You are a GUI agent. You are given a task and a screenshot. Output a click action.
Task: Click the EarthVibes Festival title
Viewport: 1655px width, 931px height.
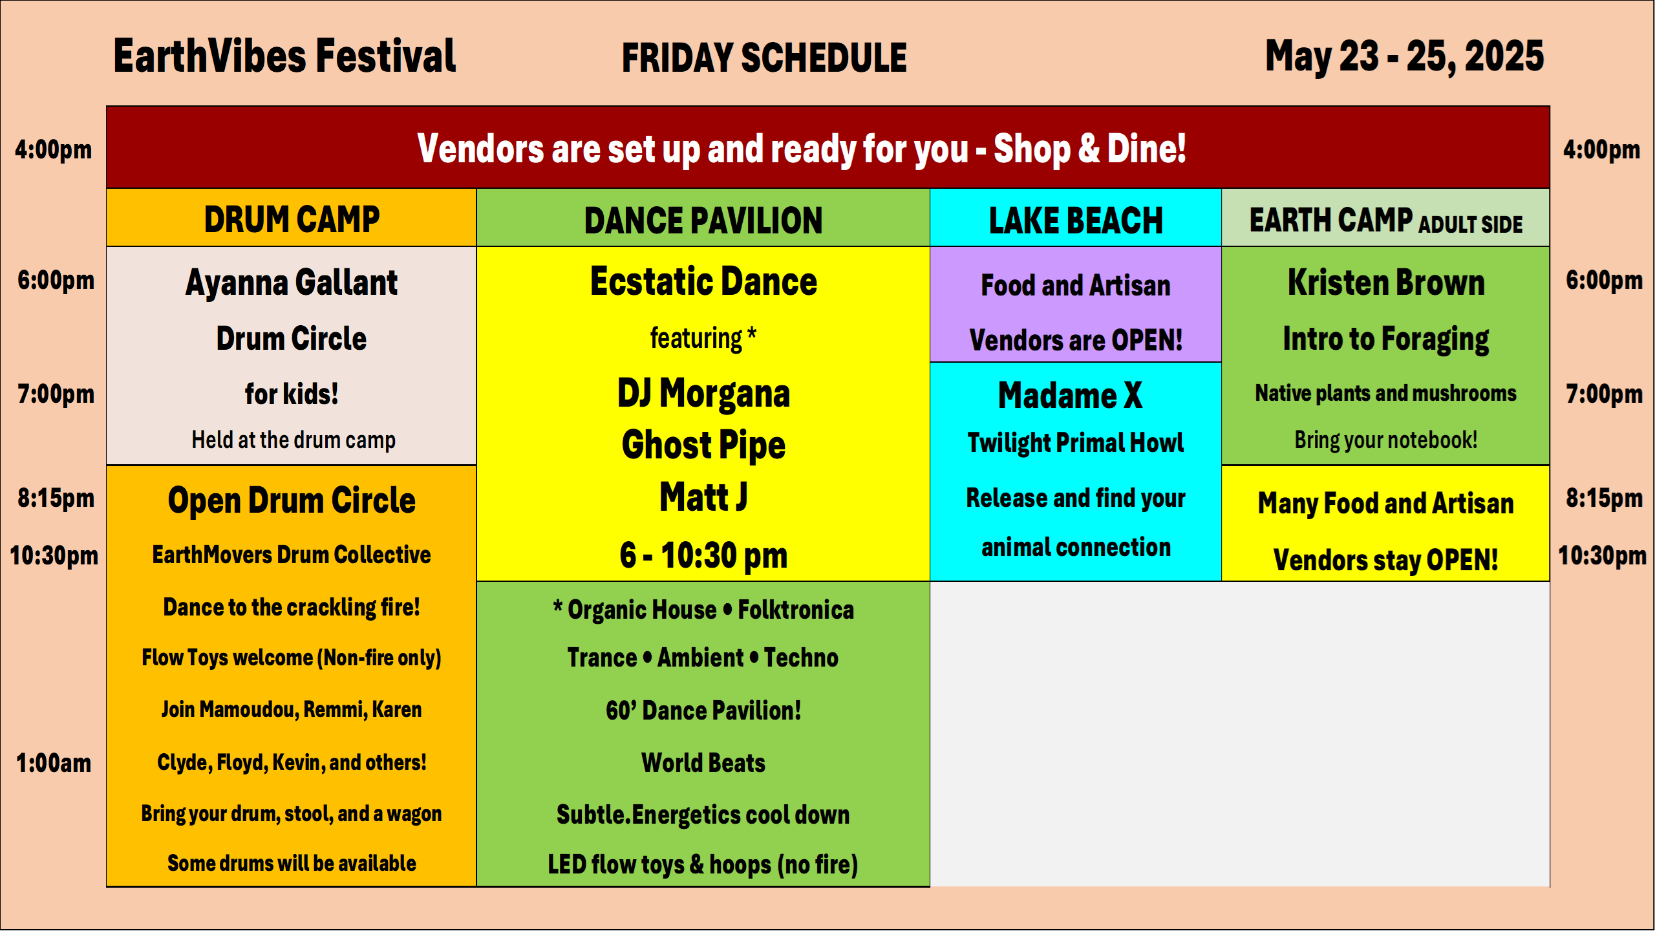point(284,56)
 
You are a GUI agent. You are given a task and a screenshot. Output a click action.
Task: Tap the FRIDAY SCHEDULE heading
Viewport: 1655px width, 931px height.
point(764,58)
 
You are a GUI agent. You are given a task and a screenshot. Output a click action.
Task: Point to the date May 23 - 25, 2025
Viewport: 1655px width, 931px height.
point(1404,57)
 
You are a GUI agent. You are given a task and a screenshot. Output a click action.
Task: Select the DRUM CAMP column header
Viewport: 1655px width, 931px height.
point(292,219)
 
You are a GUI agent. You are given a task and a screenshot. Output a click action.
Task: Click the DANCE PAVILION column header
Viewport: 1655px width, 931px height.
point(703,220)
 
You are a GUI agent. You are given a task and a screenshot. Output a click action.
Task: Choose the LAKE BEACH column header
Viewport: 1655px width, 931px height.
point(1076,220)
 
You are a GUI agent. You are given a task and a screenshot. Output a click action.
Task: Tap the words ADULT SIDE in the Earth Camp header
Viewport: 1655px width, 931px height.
point(1471,224)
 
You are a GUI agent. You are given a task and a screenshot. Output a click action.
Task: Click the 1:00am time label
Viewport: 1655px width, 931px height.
point(54,763)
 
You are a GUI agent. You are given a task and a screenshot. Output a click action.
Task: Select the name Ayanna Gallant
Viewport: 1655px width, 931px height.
point(292,283)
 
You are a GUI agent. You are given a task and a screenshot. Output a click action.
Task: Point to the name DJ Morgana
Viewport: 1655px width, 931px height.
point(703,393)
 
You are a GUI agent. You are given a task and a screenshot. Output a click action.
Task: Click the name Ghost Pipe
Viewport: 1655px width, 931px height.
point(703,445)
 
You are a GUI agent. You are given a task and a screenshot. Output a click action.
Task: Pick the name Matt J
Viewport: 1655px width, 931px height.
point(703,497)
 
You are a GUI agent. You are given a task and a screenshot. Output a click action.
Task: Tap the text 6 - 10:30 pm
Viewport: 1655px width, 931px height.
point(703,555)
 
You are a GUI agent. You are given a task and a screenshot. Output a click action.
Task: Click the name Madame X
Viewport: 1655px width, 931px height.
point(1070,395)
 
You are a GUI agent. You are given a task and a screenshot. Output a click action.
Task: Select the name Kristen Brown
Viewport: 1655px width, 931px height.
point(1386,283)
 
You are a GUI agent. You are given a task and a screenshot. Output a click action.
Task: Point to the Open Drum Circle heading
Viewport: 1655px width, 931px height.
point(292,500)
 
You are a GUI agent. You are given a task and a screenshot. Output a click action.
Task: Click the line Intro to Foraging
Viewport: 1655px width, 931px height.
point(1386,339)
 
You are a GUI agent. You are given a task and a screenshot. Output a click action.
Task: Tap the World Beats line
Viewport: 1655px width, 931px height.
point(703,763)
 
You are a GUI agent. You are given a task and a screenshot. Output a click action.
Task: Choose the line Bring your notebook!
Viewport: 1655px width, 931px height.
point(1386,440)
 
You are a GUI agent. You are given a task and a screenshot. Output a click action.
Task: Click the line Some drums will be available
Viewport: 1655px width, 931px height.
point(292,863)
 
